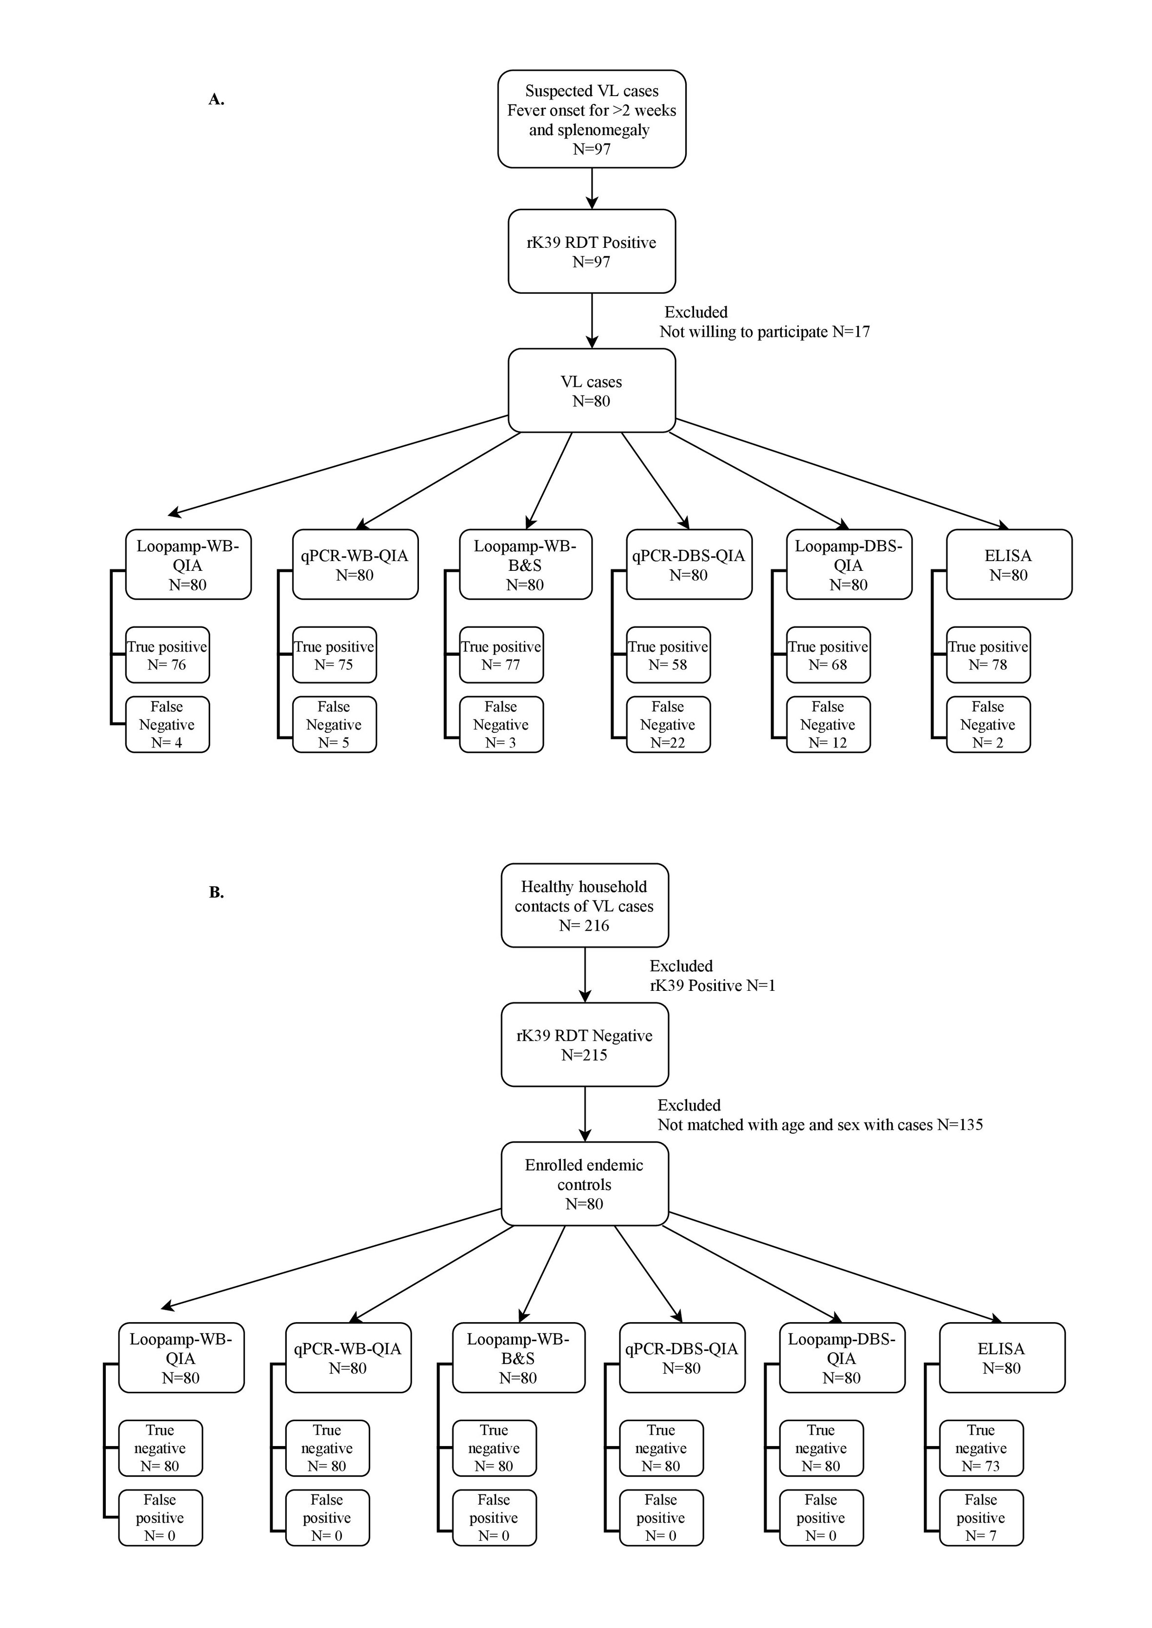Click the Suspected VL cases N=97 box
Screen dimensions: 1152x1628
592,119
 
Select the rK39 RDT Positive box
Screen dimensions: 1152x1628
592,251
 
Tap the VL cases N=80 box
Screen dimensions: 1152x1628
592,390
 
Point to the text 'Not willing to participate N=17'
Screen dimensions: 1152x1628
765,332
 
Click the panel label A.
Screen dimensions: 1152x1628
217,100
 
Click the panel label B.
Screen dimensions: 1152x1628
217,892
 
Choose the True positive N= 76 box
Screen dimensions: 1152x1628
167,655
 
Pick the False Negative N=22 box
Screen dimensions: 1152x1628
668,724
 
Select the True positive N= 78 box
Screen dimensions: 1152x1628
988,655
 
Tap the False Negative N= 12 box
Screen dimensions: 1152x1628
828,724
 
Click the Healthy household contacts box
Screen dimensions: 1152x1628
584,905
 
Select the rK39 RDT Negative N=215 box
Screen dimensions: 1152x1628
584,1044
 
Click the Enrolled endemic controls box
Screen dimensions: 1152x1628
584,1183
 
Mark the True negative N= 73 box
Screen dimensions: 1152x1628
981,1448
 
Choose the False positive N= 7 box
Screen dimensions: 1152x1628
981,1517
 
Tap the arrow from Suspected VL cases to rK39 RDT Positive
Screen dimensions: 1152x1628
592,189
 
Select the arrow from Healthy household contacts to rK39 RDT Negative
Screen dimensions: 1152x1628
584,975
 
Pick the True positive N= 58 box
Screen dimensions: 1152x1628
668,655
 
